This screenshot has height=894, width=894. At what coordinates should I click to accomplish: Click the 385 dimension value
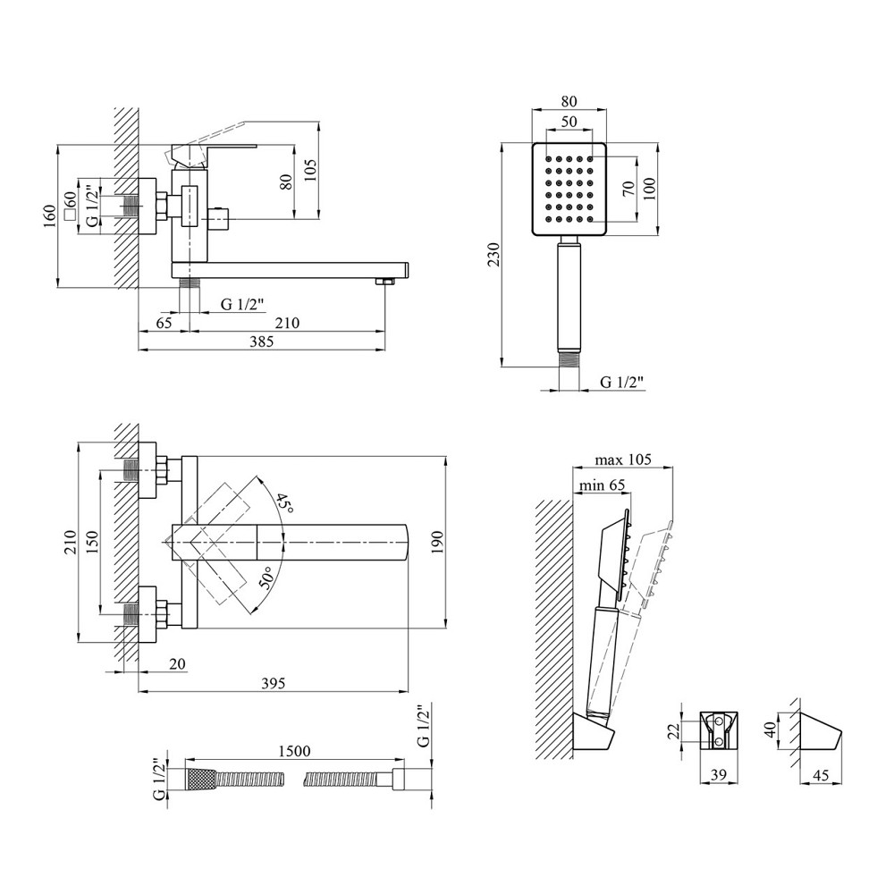(x=260, y=342)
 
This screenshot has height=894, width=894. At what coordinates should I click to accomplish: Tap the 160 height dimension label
(x=51, y=215)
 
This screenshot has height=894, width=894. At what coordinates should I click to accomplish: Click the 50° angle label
(x=266, y=578)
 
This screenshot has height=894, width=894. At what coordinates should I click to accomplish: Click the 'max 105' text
(x=624, y=460)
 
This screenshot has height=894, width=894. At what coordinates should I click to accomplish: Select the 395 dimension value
(x=273, y=684)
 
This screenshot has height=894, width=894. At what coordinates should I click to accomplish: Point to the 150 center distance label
(x=92, y=541)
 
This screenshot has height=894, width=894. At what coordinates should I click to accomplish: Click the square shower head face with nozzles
(x=569, y=190)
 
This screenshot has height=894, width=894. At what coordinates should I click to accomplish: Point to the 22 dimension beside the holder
(x=677, y=731)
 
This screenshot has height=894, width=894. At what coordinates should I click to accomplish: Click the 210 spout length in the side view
(x=288, y=323)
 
